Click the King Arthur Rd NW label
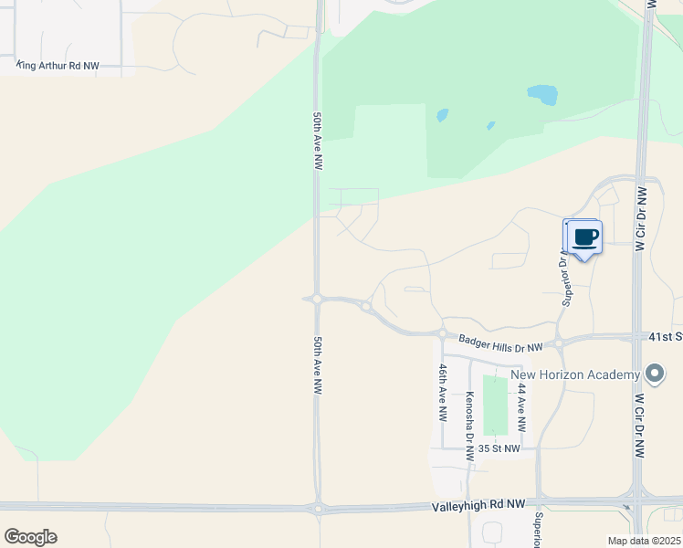[58, 67]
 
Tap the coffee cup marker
[584, 238]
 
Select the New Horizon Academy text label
[574, 374]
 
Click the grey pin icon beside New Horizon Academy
[654, 374]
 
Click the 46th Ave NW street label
[443, 392]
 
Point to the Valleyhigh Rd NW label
[478, 504]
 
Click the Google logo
[30, 537]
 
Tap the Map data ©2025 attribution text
[644, 541]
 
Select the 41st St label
[666, 337]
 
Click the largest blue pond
[542, 94]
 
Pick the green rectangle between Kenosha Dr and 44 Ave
[495, 406]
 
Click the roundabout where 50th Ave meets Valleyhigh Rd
[318, 508]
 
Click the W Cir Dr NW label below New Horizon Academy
[640, 427]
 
